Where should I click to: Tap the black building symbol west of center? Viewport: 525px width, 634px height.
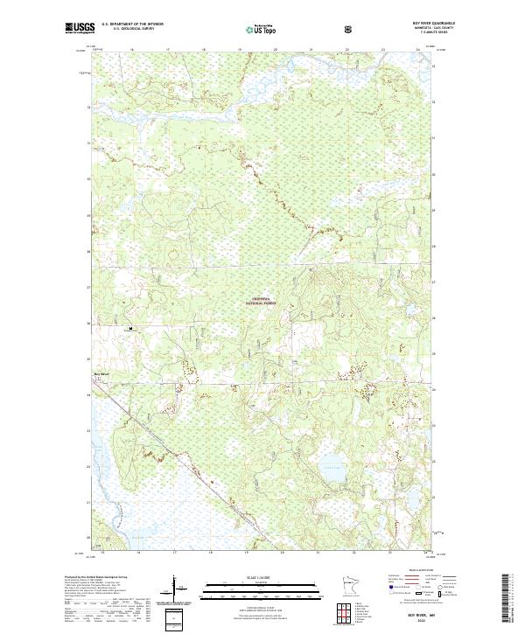coord(130,330)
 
